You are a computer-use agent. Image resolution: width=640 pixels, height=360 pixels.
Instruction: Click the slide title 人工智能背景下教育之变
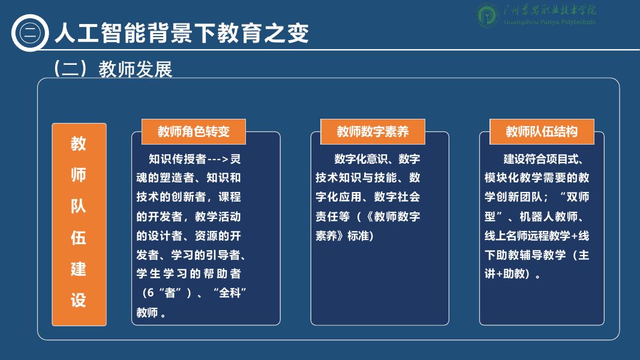(182, 32)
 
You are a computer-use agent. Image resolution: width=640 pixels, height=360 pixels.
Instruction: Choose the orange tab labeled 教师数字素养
(372, 131)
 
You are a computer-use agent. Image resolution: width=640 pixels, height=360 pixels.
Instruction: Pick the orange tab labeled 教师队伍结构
(542, 131)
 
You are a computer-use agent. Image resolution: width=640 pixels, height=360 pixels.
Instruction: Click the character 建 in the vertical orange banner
(79, 268)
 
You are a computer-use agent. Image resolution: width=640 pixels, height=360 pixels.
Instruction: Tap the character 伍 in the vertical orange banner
(79, 237)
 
